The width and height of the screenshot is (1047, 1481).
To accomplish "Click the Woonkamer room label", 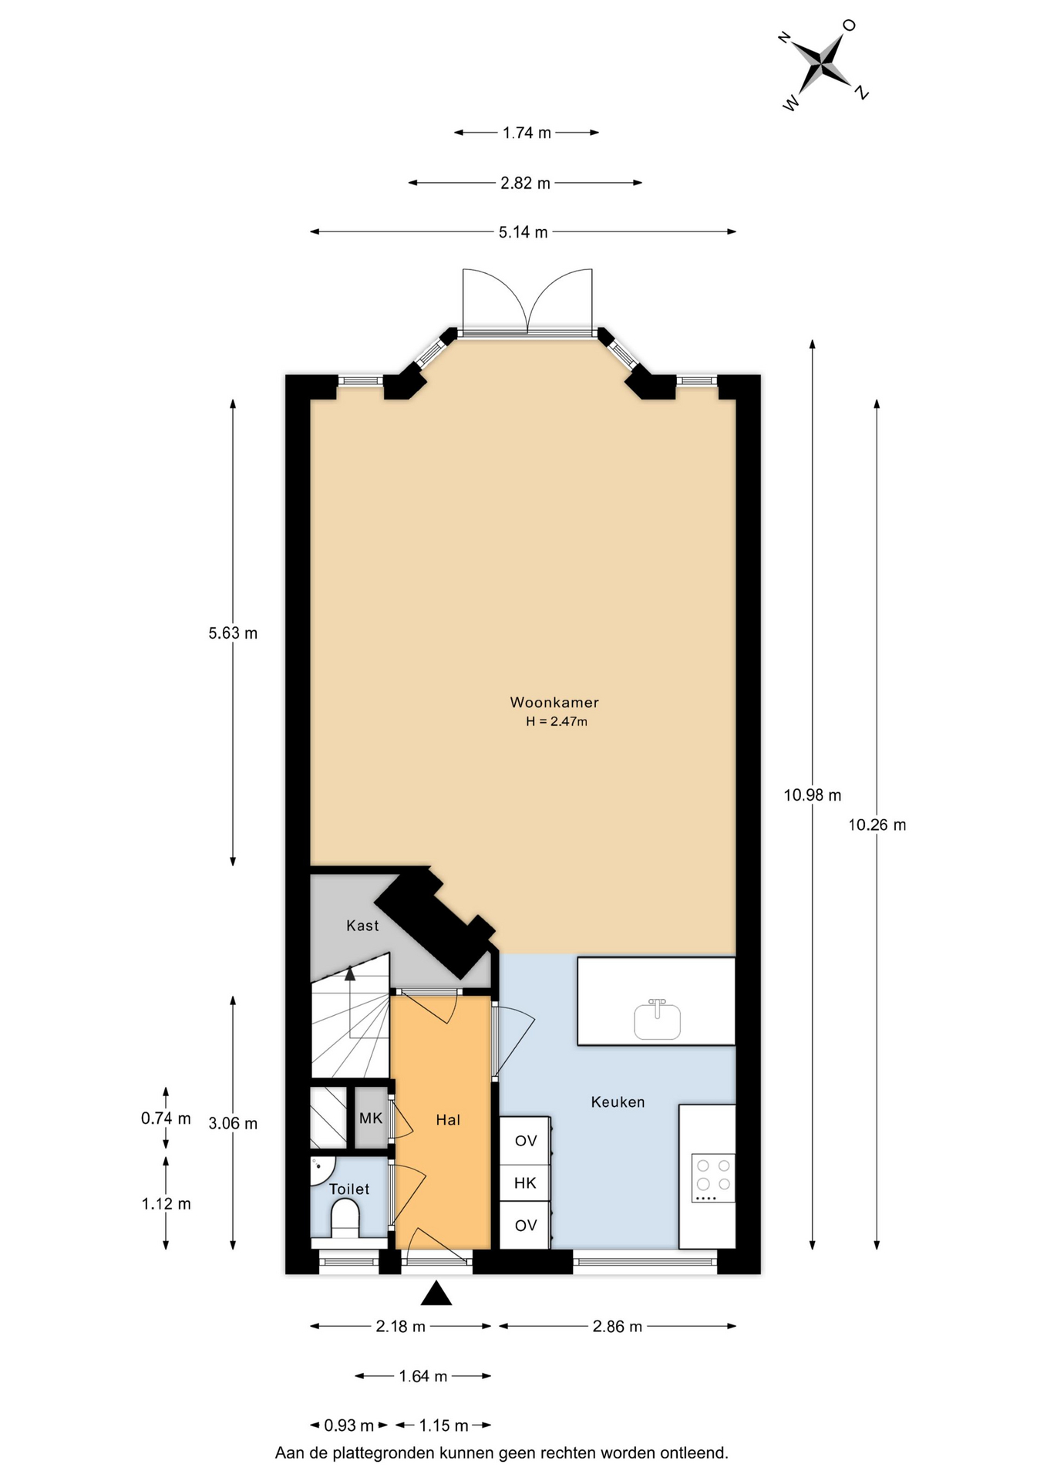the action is tap(554, 702).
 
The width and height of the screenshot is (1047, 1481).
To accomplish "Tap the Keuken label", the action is tap(618, 1101).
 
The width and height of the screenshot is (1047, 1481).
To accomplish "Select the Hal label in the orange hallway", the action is tap(448, 1119).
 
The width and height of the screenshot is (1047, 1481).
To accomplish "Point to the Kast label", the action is tap(362, 925).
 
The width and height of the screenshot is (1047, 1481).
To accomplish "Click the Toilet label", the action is tap(349, 1189).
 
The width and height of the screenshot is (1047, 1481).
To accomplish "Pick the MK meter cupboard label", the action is tap(371, 1118).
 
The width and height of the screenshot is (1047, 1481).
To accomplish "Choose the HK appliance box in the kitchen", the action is tap(525, 1182).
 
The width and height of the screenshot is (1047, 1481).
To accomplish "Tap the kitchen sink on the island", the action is tap(658, 1019).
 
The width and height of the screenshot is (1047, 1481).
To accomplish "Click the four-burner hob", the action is tap(713, 1178).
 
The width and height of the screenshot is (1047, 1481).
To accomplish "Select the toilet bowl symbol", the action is tap(345, 1221).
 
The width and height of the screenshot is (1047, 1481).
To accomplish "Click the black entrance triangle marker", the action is tap(436, 1293).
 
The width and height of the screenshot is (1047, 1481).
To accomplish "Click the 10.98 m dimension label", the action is tap(813, 795).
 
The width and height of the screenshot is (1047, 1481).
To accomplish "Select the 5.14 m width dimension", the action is tap(523, 232).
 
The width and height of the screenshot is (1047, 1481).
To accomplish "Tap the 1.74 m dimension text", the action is tap(527, 133).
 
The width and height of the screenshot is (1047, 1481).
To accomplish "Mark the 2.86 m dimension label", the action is tap(618, 1327).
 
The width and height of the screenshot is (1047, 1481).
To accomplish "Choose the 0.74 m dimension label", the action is tap(166, 1118).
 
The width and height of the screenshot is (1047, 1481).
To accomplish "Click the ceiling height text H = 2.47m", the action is tap(557, 722).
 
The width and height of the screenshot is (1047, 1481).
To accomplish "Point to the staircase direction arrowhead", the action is tap(350, 973).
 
